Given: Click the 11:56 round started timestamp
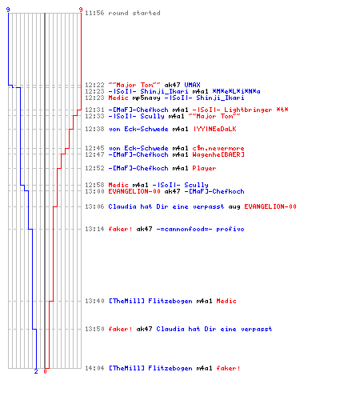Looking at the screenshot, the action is pyautogui.click(x=94, y=13).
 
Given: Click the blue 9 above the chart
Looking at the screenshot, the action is pyautogui.click(x=8, y=10).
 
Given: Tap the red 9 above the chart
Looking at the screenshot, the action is pyautogui.click(x=81, y=10).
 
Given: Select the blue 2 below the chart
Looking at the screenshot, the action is pyautogui.click(x=36, y=371).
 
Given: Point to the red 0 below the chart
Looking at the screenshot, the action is pyautogui.click(x=45, y=371).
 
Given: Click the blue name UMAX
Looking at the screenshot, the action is pyautogui.click(x=192, y=85).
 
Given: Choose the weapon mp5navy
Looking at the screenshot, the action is pyautogui.click(x=146, y=98).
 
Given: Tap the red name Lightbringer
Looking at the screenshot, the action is pyautogui.click(x=248, y=110).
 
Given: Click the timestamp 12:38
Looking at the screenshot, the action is pyautogui.click(x=94, y=129).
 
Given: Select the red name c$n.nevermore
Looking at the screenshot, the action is pyautogui.click(x=218, y=148).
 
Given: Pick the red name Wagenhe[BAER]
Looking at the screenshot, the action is pyautogui.click(x=218, y=154).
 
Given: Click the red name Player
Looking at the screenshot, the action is pyautogui.click(x=204, y=168).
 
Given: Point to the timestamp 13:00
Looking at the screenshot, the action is pyautogui.click(x=94, y=191).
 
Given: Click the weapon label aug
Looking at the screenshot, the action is pyautogui.click(x=234, y=206).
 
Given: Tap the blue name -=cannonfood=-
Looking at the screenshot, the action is pyautogui.click(x=184, y=229).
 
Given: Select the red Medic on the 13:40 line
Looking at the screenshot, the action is pyautogui.click(x=226, y=301).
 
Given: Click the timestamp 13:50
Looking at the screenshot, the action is pyautogui.click(x=94, y=329).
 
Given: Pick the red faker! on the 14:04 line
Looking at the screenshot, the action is pyautogui.click(x=228, y=368).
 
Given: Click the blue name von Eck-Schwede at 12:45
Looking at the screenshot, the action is pyautogui.click(x=138, y=148).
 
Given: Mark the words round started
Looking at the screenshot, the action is pyautogui.click(x=134, y=13).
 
